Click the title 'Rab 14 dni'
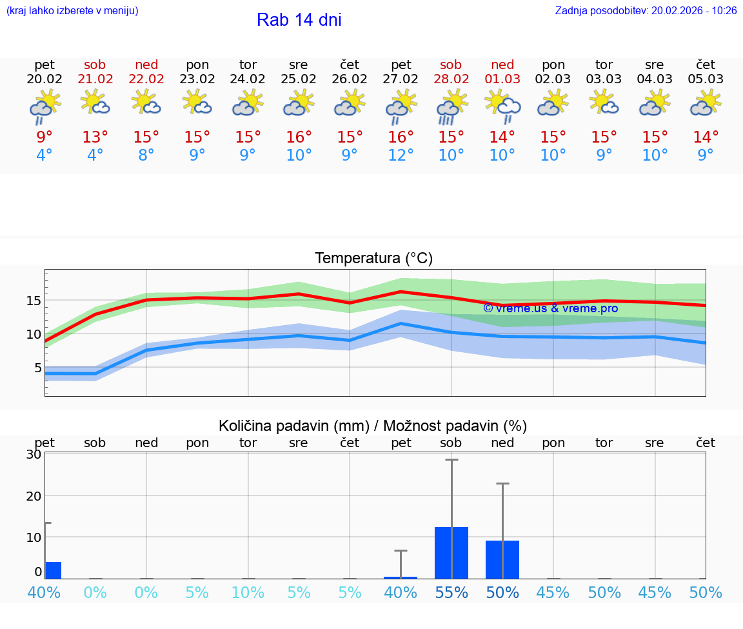[299, 20]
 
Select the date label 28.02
[451, 79]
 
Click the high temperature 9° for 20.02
[44, 137]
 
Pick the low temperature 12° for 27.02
[401, 155]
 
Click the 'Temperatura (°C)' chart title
[373, 259]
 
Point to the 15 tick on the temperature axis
[34, 301]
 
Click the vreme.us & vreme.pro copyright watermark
[550, 308]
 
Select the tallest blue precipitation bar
[451, 553]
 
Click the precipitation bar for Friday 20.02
[53, 570]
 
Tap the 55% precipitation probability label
[451, 592]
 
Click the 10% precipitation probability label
[248, 592]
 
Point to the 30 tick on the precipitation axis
[34, 454]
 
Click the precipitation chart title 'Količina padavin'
[373, 426]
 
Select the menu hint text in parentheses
[72, 11]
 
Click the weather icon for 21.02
[95, 103]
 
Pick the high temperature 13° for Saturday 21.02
[95, 137]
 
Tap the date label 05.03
[706, 79]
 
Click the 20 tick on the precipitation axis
[34, 495]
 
